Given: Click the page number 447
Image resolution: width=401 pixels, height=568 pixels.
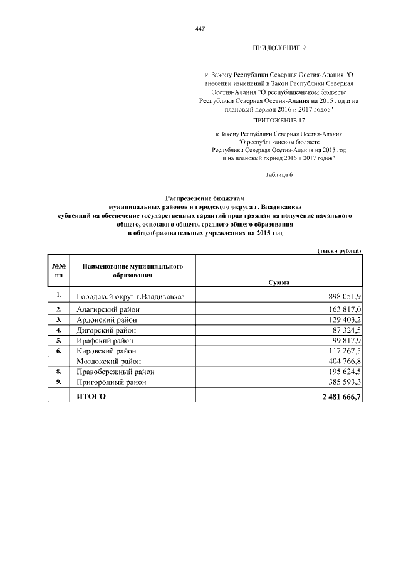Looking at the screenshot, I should tap(200, 29).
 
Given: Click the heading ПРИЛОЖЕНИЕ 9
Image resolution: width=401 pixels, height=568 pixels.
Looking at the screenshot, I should tap(278, 48).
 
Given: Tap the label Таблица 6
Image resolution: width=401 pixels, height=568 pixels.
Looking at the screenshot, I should tap(279, 174).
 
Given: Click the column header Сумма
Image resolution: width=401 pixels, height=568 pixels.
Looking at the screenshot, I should tap(278, 282).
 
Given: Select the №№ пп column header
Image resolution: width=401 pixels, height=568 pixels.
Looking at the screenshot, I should tap(59, 271).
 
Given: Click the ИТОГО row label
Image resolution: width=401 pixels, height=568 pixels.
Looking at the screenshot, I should tap(91, 396).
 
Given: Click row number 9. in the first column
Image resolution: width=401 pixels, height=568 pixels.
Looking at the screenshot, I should tap(59, 382).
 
